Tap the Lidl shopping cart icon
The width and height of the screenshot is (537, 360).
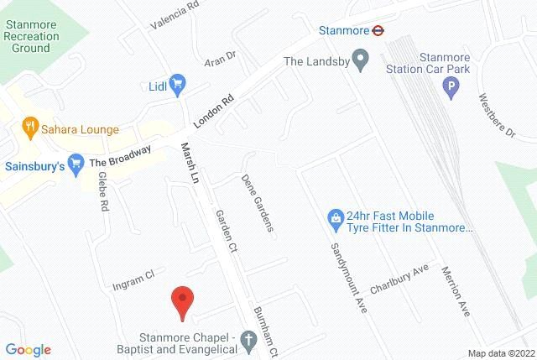click(176, 83)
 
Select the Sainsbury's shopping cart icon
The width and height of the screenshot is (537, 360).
click(76, 162)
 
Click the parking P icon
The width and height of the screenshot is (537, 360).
click(451, 86)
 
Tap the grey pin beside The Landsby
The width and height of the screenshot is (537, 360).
click(361, 61)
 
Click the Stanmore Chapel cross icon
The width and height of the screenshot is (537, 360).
click(248, 341)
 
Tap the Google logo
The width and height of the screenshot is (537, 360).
click(28, 350)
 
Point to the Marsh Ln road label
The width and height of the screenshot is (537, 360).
click(187, 164)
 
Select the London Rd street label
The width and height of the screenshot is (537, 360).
click(212, 108)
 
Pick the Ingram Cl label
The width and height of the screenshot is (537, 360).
click(134, 279)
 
